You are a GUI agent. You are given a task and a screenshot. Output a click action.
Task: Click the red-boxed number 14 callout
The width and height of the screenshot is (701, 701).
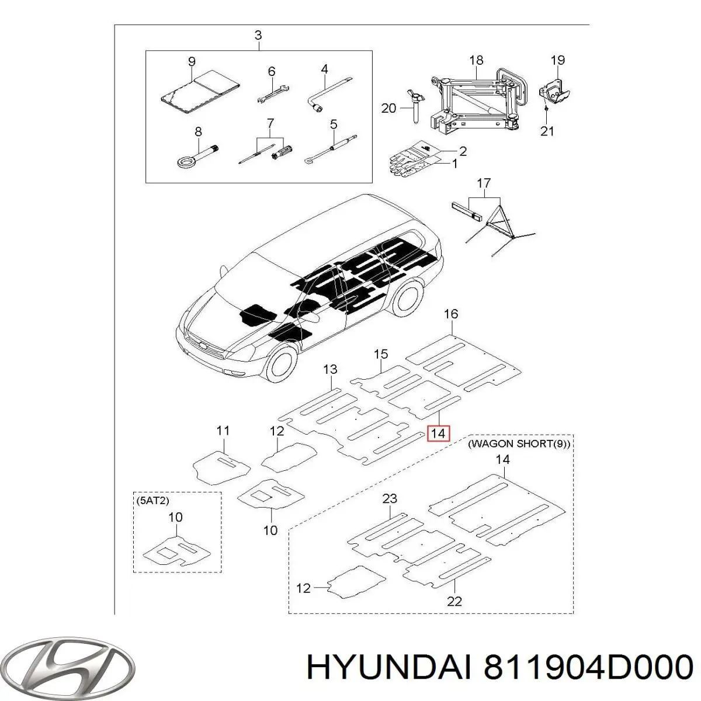[x=439, y=433]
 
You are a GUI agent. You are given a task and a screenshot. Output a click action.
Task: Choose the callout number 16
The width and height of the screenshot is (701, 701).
[x=451, y=314]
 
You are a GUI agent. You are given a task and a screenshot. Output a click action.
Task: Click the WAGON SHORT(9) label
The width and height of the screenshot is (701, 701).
[x=519, y=444]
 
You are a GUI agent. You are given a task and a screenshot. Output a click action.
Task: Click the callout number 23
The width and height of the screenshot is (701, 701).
[x=390, y=498]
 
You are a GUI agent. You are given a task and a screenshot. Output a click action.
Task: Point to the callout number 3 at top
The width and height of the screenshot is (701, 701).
[x=258, y=36]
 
